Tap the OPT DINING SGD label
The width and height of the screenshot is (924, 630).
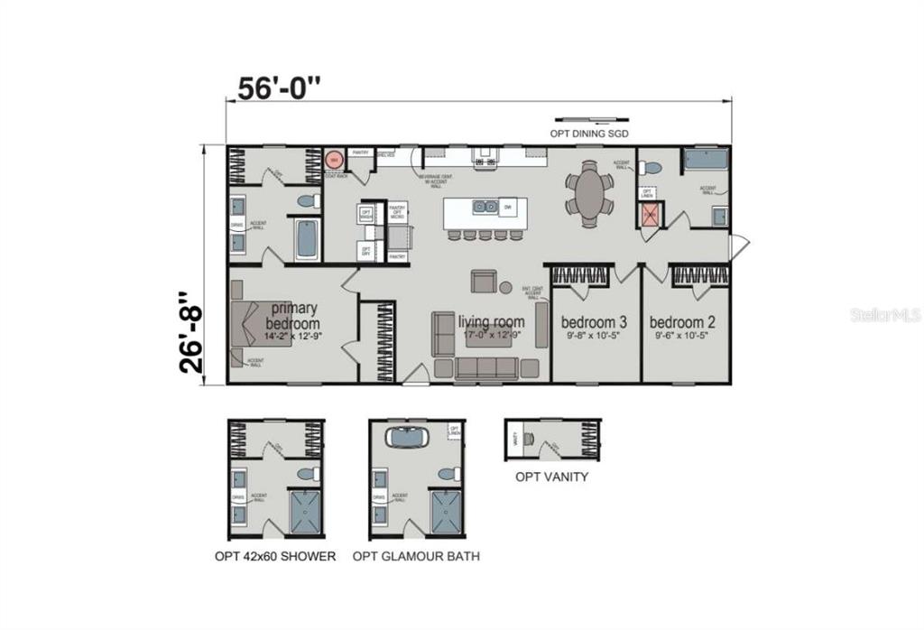[589, 134]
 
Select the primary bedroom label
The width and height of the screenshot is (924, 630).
[293, 316]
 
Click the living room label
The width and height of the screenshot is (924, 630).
[491, 322]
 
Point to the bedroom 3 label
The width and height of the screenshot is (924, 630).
[594, 322]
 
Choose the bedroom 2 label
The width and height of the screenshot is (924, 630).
[683, 322]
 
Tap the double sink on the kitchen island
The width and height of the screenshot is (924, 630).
[486, 207]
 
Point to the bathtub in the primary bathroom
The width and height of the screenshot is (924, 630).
[306, 240]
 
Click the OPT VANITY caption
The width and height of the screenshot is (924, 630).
[551, 477]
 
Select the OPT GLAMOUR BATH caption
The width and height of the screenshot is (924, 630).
[416, 557]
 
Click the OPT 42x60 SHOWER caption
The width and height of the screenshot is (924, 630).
[275, 557]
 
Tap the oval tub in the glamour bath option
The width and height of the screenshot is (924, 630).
[408, 437]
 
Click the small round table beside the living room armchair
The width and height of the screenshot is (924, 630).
[505, 288]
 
